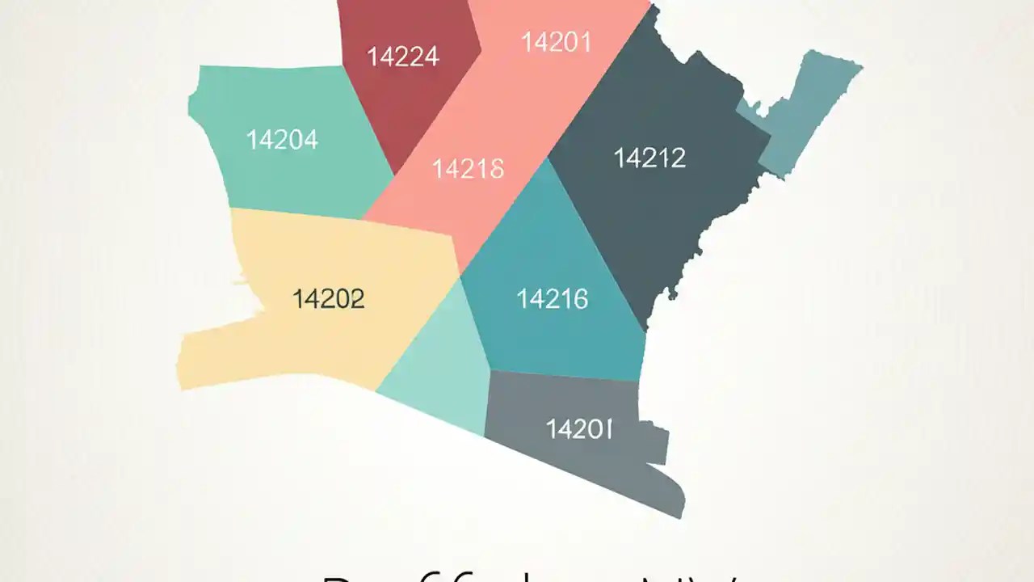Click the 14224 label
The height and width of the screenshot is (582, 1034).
click(403, 57)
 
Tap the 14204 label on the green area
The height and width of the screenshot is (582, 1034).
click(282, 140)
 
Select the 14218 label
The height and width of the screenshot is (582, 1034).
click(469, 168)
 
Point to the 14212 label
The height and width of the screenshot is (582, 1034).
click(649, 158)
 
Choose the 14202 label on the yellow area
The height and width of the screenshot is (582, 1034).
click(328, 299)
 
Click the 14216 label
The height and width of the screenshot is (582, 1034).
click(553, 299)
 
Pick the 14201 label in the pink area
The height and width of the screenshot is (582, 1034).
click(557, 42)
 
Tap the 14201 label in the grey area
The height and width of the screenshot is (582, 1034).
click(579, 428)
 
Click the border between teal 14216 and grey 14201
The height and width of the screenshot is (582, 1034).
click(565, 377)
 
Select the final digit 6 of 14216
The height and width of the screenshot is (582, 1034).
click(579, 299)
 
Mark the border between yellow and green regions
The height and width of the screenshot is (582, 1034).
click(299, 214)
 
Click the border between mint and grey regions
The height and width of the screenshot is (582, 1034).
click(487, 404)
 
